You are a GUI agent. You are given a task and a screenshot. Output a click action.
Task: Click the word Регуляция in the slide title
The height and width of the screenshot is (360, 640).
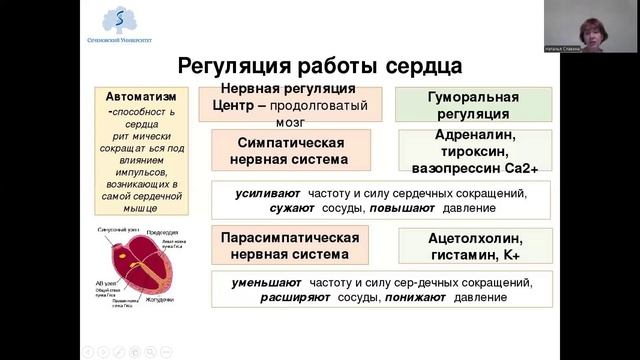231,67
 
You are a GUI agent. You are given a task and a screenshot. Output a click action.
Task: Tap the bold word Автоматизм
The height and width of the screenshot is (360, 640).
142,96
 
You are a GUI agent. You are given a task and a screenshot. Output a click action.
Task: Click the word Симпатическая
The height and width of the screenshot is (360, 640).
284,142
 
